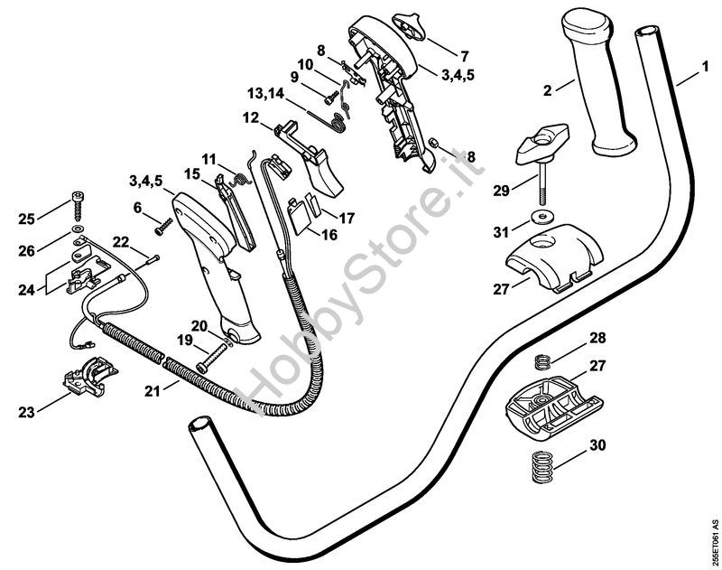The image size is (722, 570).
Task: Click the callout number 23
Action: click(x=26, y=412)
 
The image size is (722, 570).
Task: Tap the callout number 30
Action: click(x=597, y=445)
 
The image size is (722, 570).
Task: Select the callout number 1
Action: click(x=705, y=67)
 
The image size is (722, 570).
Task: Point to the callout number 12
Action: click(x=251, y=117)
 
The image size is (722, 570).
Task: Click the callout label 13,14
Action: click(x=265, y=94)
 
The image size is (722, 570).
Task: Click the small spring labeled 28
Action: click(x=544, y=360)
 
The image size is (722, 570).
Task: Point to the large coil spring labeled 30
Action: click(x=542, y=467)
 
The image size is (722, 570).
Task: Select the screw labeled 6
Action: click(x=164, y=226)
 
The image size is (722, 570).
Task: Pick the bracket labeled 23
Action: click(x=90, y=377)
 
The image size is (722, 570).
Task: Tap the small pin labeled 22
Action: click(x=153, y=260)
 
